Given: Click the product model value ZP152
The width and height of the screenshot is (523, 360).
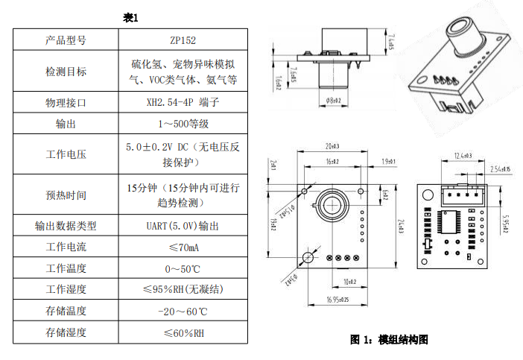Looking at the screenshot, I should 183,41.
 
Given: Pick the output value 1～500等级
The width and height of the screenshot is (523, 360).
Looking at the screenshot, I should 183,124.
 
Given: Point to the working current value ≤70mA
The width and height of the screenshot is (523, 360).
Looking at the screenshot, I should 183,247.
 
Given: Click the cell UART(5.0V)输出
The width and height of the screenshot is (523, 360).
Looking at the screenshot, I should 183,225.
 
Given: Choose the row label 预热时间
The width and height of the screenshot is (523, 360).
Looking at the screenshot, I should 66,195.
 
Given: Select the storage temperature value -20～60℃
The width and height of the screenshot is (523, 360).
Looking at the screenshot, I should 183,311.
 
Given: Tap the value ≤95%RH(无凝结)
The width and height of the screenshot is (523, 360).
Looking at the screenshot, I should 183,289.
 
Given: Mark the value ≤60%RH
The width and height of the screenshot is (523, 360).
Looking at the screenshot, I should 183,332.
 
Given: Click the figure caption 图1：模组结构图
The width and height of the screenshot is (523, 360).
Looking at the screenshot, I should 389,340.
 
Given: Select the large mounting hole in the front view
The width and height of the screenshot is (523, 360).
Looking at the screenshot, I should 308,257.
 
